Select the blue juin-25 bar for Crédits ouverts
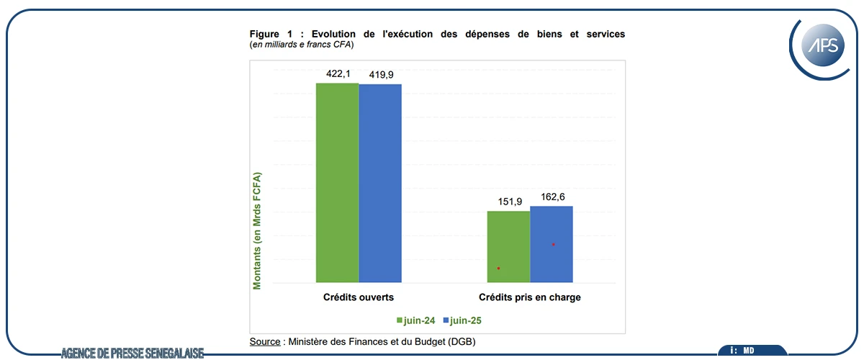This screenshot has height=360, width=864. point(380,183)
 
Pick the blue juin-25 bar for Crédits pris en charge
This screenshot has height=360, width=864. point(552,244)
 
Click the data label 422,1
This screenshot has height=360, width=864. point(337,73)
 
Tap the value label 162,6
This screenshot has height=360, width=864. point(552,196)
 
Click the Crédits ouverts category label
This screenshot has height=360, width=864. point(358,297)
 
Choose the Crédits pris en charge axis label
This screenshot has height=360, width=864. point(530,297)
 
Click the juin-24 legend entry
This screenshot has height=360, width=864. point(415,320)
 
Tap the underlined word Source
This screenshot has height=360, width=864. point(265,341)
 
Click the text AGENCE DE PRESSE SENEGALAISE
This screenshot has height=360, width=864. point(132,353)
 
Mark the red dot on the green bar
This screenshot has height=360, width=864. point(498,269)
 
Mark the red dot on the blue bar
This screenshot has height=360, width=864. point(553,245)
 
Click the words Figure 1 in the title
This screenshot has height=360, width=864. point(270,34)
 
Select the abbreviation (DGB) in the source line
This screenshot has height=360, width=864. point(460,341)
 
